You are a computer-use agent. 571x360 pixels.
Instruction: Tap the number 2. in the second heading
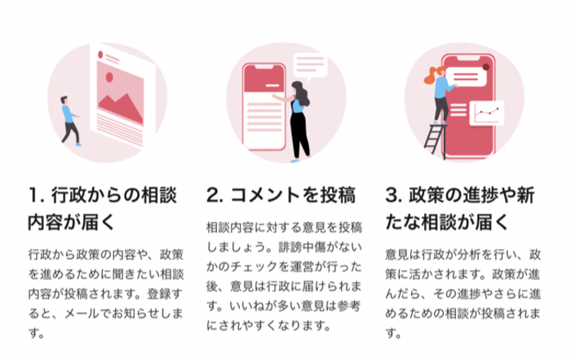coord(214,196)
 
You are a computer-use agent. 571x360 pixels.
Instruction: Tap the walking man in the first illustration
coord(71,120)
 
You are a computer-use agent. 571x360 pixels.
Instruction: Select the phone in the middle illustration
coord(262,102)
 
